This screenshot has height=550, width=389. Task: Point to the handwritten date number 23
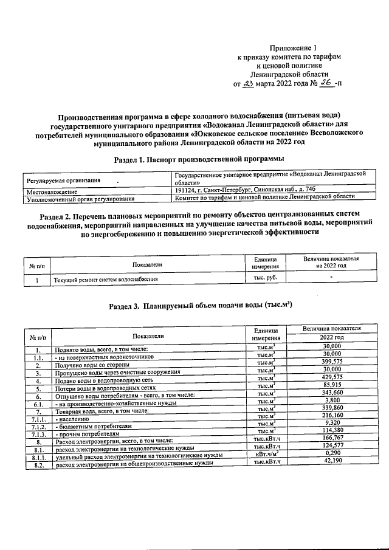coord(247,84)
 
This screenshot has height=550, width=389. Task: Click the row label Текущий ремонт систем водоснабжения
coord(106,279)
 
